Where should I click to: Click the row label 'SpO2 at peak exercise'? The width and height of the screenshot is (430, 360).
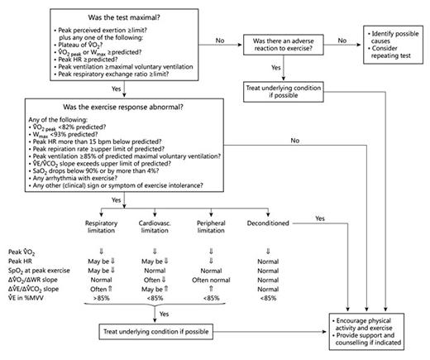click(x=35, y=272)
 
